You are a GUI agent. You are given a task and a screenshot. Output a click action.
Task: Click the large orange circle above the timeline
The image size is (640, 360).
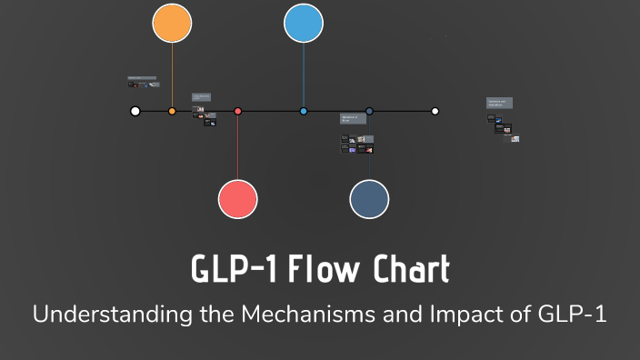pos(172,23)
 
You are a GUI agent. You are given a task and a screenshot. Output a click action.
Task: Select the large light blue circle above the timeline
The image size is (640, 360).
pos(304,23)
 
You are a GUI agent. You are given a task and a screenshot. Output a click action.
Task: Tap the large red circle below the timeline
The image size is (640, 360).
pos(238,199)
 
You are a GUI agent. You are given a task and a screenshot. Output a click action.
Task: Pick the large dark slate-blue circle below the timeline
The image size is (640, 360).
pos(369,199)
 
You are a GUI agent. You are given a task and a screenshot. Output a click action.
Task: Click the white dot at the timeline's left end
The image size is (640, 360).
pos(135,111)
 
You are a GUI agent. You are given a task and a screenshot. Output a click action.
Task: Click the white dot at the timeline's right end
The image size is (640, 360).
pos(435,111)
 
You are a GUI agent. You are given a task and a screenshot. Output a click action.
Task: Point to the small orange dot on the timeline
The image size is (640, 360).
pos(172,111)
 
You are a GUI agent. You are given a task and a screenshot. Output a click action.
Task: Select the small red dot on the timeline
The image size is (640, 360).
pos(238,111)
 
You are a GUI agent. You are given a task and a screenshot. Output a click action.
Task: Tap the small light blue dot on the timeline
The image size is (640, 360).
pos(304,111)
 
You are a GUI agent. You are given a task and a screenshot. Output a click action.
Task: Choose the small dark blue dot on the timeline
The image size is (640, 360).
pos(369,111)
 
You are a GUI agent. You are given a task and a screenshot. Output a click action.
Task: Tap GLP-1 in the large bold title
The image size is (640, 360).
pos(233,270)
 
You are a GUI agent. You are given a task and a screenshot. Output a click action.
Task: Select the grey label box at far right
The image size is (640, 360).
pos(499,104)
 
